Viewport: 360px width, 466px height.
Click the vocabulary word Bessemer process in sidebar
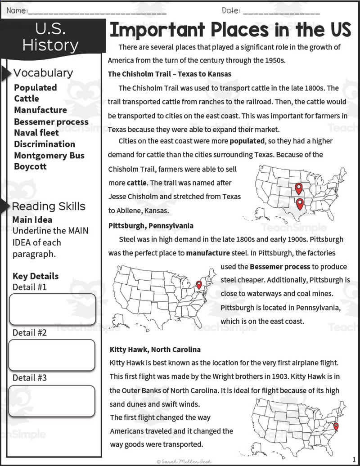[51, 121]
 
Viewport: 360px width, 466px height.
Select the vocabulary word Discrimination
[45, 144]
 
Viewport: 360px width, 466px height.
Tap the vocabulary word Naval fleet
[36, 133]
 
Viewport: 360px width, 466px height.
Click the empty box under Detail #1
[53, 309]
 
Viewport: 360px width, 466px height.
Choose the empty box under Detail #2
[52, 355]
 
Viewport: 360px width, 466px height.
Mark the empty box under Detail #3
[52, 401]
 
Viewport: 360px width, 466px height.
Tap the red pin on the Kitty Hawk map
[336, 426]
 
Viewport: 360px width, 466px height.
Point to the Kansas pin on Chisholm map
[298, 188]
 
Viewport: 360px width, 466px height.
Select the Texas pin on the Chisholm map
[300, 204]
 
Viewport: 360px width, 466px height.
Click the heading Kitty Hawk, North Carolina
[155, 349]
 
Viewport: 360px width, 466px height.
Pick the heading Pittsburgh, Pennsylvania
[151, 225]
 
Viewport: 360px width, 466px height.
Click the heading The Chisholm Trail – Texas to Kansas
[170, 74]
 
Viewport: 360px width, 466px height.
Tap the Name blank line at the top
[97, 11]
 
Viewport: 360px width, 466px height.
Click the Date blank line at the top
[281, 11]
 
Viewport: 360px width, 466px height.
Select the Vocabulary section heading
[43, 73]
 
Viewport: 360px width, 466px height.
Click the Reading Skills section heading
[49, 206]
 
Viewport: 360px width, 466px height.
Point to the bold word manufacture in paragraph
[208, 253]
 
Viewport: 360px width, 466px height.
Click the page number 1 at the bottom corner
[354, 459]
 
